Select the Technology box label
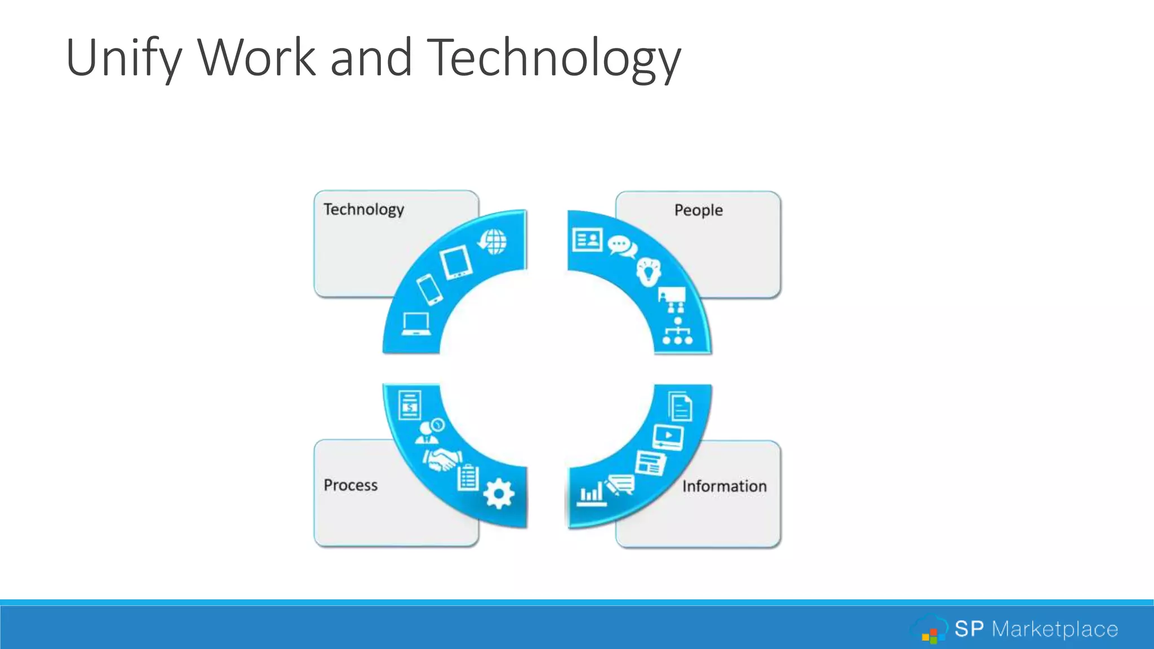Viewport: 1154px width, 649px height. (x=363, y=210)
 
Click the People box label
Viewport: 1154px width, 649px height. (x=698, y=210)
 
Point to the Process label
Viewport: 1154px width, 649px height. (x=350, y=485)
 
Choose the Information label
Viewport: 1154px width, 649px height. (x=724, y=486)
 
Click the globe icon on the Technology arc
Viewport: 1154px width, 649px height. (x=493, y=242)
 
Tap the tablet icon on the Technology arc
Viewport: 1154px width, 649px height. (x=456, y=262)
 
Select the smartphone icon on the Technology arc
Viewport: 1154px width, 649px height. (x=429, y=290)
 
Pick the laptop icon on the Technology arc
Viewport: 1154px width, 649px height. (x=416, y=324)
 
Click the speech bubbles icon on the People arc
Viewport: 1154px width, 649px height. (x=622, y=247)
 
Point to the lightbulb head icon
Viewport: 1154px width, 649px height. (x=649, y=272)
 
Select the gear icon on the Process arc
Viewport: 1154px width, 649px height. (x=499, y=494)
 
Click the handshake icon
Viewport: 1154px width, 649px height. (x=443, y=460)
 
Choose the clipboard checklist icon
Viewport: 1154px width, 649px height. (x=468, y=478)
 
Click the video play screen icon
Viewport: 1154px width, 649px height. (x=668, y=437)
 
